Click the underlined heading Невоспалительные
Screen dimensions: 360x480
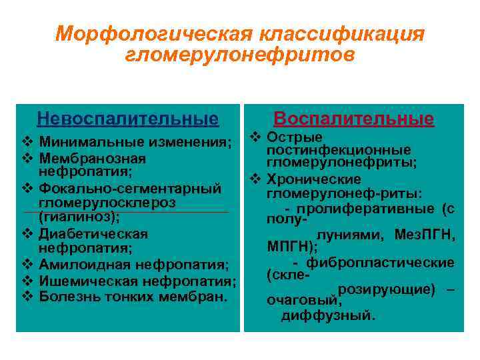(x=127, y=119)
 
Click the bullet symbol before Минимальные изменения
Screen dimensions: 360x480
(x=27, y=142)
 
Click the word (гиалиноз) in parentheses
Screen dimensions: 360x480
(x=79, y=217)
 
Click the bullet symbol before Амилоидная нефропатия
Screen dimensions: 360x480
(x=27, y=265)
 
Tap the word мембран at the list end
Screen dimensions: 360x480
(x=200, y=296)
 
